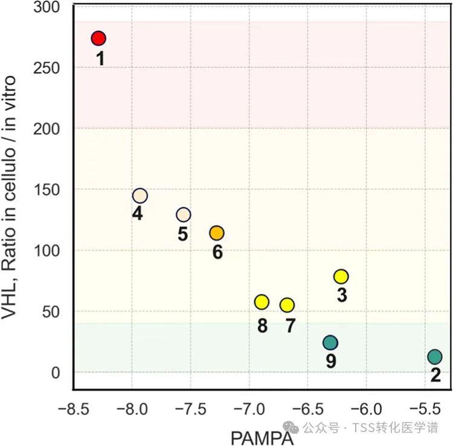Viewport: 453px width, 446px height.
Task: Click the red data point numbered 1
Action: pos(98,39)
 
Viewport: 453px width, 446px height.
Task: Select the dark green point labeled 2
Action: pos(435,357)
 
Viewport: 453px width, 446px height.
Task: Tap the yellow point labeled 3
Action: pos(341,276)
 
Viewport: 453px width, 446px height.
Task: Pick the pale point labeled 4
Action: pos(140,196)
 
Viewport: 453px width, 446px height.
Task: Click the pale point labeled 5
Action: pos(184,214)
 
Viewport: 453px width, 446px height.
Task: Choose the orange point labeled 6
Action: pos(217,233)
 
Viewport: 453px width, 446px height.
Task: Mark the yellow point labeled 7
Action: pos(287,305)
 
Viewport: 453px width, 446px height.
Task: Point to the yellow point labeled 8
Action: pos(262,302)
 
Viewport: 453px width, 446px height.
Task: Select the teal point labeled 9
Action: pos(330,343)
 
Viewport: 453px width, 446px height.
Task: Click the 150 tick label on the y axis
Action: pos(51,190)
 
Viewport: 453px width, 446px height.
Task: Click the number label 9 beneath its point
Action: pos(330,361)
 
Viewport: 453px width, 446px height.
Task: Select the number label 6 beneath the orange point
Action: pos(217,251)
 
